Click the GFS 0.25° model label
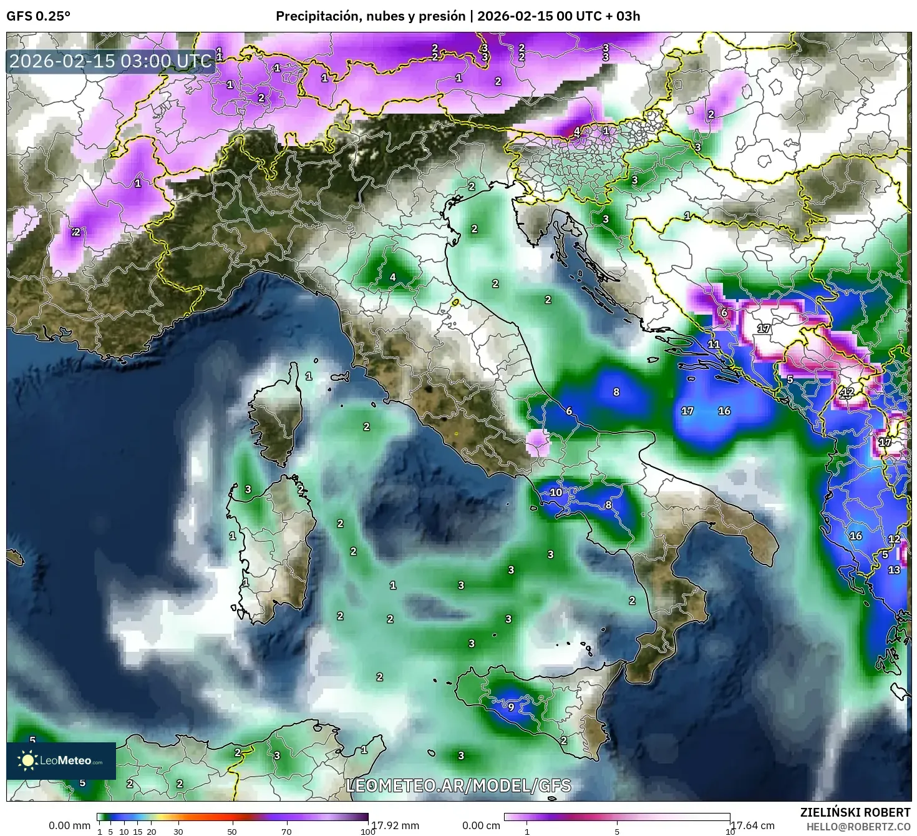click(38, 16)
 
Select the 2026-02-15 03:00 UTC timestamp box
click(111, 62)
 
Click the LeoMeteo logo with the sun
click(61, 760)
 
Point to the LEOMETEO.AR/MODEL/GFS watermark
click(458, 785)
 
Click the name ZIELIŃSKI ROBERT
click(855, 812)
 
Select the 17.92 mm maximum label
click(395, 825)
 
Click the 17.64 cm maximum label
click(753, 825)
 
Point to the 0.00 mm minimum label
click(69, 825)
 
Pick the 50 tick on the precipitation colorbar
click(232, 832)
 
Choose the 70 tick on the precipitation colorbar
click(286, 832)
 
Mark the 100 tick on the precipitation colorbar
click(368, 832)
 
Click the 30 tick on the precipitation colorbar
click(178, 832)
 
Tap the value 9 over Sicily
click(511, 707)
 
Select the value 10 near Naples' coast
click(556, 492)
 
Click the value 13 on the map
click(894, 569)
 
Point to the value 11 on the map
click(714, 344)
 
